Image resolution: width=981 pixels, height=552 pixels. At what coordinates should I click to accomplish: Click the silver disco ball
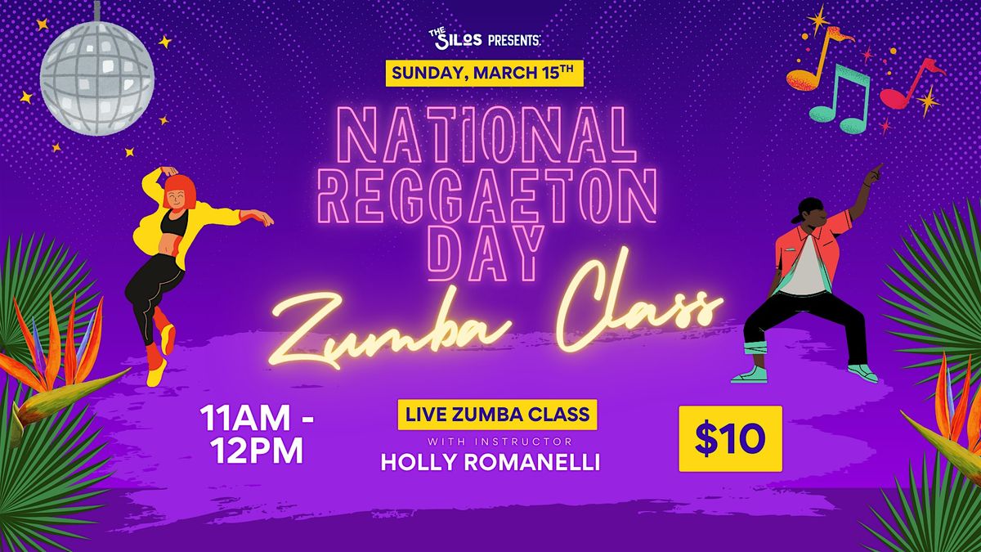[96, 78]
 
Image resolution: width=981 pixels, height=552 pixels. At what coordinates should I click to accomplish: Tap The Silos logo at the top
[455, 39]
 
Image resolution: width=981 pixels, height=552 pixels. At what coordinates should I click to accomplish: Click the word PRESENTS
[514, 41]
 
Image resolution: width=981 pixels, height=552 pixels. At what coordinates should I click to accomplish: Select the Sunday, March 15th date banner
[484, 73]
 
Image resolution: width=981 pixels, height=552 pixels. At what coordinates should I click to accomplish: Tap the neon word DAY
[486, 254]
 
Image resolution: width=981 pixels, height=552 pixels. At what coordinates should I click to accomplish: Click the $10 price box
[731, 438]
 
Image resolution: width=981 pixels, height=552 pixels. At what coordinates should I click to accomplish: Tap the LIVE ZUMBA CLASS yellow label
[497, 415]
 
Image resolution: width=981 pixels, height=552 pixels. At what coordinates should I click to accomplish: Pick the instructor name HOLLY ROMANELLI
[490, 462]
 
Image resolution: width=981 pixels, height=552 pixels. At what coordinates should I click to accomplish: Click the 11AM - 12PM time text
[257, 434]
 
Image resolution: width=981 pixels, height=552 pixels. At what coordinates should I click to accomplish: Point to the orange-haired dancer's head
[180, 193]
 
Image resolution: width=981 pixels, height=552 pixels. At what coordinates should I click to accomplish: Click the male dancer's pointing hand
[875, 173]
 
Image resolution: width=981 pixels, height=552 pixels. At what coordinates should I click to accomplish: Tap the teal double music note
[840, 99]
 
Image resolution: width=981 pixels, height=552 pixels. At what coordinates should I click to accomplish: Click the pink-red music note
[909, 84]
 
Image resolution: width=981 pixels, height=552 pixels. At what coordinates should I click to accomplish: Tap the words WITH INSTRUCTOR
[499, 441]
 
